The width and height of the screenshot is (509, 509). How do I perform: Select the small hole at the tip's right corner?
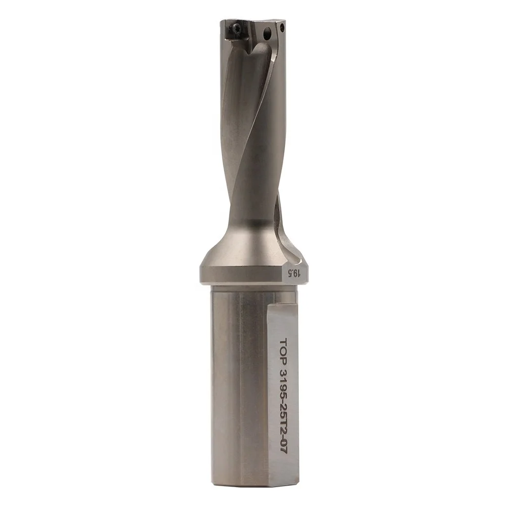pyautogui.click(x=281, y=25)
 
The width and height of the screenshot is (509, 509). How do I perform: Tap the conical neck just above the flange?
pyautogui.click(x=244, y=239)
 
